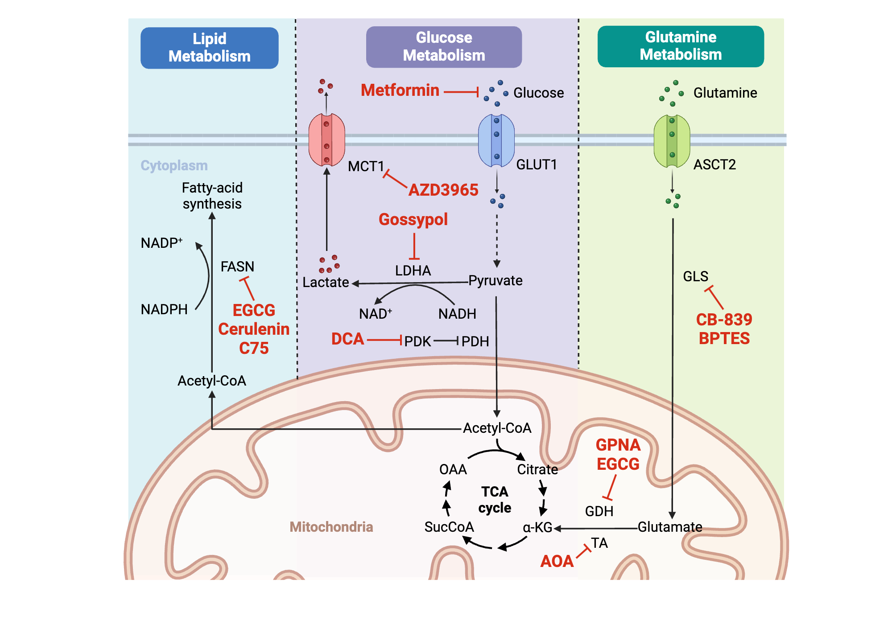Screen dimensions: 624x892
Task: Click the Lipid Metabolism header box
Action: [209, 48]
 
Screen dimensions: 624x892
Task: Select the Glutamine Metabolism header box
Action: [680, 46]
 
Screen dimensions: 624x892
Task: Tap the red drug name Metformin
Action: [400, 90]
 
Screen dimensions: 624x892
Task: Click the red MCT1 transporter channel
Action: [326, 140]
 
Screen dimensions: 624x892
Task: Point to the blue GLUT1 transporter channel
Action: [496, 140]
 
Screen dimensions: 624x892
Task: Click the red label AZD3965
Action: [443, 190]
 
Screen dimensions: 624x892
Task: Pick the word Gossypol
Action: [413, 219]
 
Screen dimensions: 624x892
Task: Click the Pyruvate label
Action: [495, 281]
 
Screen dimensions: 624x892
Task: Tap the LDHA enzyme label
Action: [413, 271]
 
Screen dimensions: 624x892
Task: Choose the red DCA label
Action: [347, 339]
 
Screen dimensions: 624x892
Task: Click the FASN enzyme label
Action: [237, 267]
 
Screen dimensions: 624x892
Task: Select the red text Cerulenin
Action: [254, 329]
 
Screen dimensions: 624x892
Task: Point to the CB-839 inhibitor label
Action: [724, 320]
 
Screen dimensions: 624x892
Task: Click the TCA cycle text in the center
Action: [495, 500]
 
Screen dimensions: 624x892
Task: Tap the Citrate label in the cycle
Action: [537, 469]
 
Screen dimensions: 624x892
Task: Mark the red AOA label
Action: [557, 561]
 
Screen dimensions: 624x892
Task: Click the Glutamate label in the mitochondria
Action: [669, 527]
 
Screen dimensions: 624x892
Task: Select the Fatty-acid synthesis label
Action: [212, 196]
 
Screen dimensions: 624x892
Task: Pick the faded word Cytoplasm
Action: [174, 165]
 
